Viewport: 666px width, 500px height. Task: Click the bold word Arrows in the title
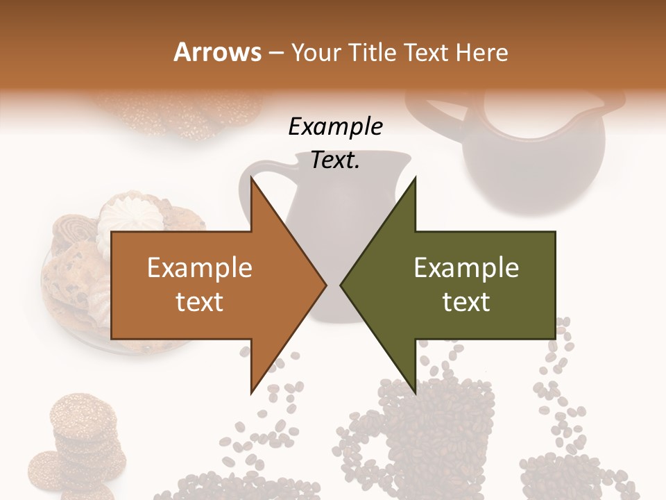tap(216, 52)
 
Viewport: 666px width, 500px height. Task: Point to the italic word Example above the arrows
tap(336, 127)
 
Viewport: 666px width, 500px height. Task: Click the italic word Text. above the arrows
tap(336, 160)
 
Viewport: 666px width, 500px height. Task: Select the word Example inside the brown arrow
tap(199, 268)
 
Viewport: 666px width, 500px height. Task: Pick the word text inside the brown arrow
tap(199, 301)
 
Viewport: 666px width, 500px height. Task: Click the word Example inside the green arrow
tap(466, 268)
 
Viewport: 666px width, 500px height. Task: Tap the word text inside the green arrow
tap(466, 301)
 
